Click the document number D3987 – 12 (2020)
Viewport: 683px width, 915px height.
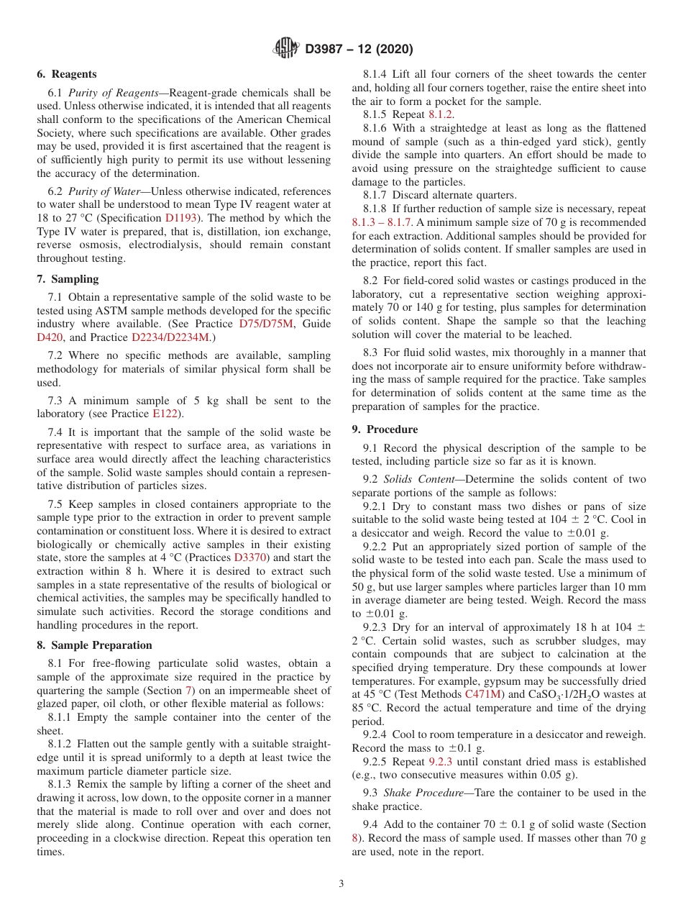[x=359, y=50]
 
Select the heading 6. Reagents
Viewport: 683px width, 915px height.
[x=66, y=74]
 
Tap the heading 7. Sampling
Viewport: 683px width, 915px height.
[x=68, y=279]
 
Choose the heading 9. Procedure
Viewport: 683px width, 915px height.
[x=385, y=429]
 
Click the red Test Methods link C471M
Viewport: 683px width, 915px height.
[x=482, y=695]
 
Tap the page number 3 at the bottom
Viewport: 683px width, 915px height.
[x=341, y=884]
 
